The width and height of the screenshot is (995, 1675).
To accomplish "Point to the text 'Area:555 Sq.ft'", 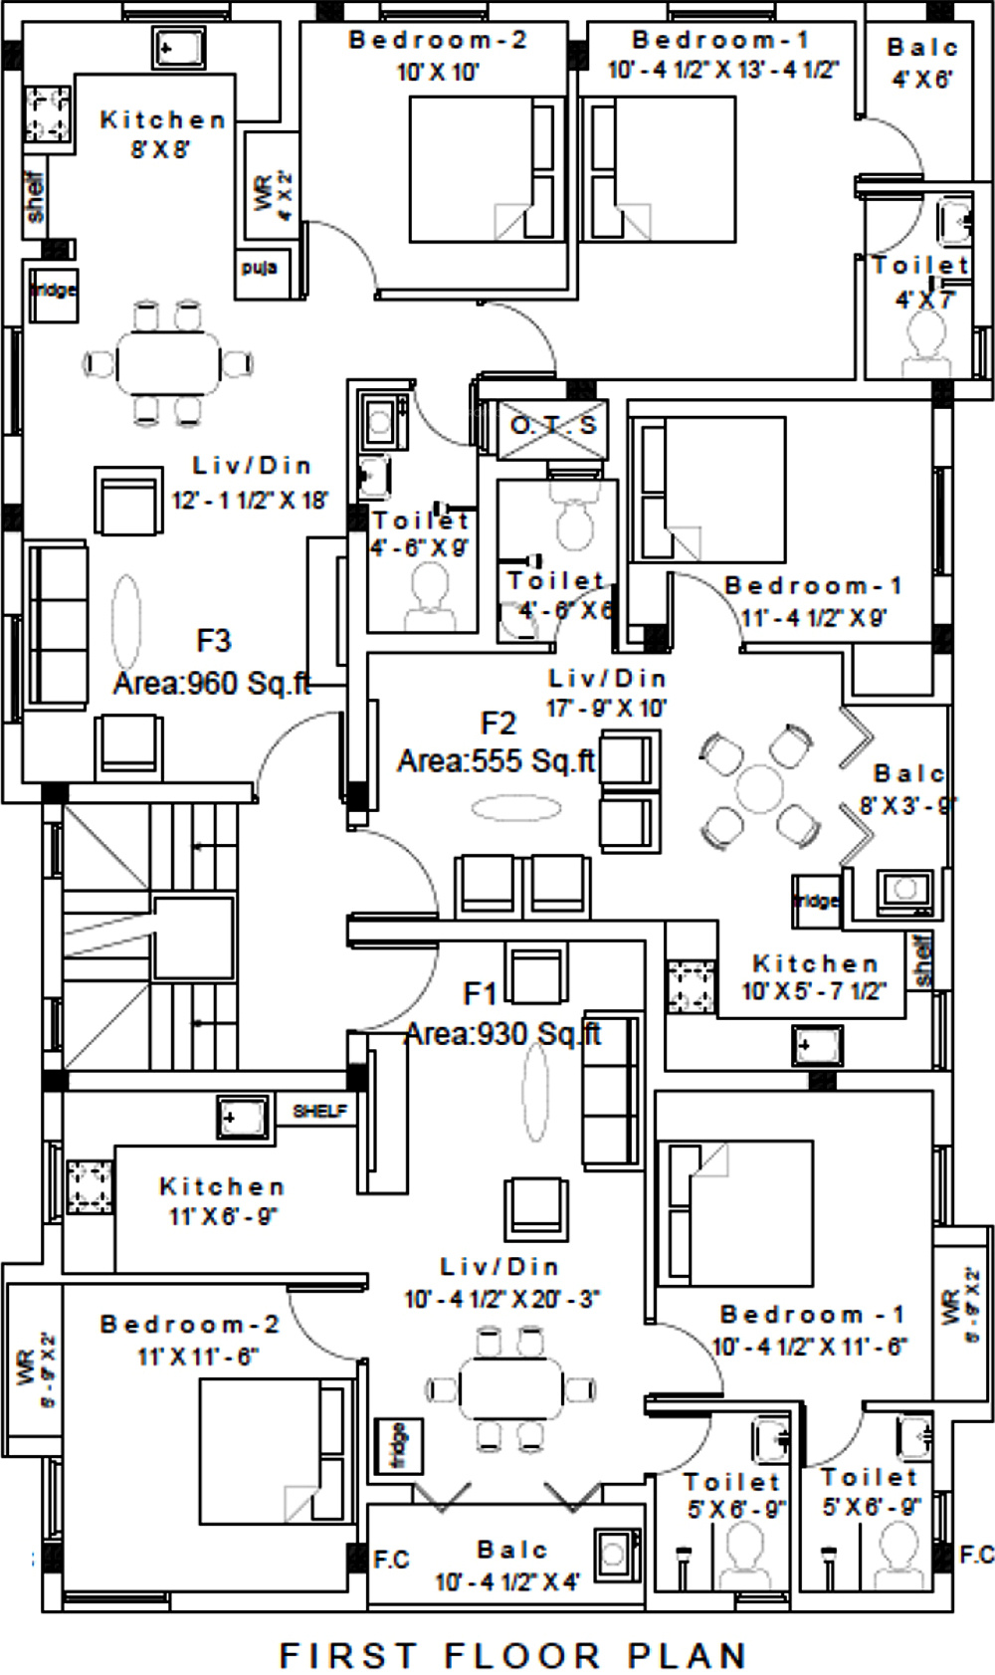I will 497,761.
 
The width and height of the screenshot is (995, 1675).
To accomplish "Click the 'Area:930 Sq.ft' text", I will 502,1034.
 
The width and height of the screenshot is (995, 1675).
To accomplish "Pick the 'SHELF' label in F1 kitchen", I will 319,1111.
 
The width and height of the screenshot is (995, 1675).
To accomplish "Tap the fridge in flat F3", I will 53,293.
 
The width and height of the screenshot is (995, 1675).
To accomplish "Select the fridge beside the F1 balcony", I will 398,1446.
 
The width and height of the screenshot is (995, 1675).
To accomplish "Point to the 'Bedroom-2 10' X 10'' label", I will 438,56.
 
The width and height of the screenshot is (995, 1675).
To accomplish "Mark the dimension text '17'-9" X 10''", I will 606,709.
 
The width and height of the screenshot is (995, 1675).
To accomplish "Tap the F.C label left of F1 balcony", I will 391,1560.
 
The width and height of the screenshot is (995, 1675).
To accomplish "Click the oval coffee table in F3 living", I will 126,621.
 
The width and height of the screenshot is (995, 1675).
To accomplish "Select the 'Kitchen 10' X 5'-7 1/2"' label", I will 815,977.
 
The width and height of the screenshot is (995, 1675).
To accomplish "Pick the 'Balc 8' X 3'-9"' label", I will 908,789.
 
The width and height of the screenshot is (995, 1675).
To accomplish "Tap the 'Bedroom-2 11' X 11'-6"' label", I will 190,1340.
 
